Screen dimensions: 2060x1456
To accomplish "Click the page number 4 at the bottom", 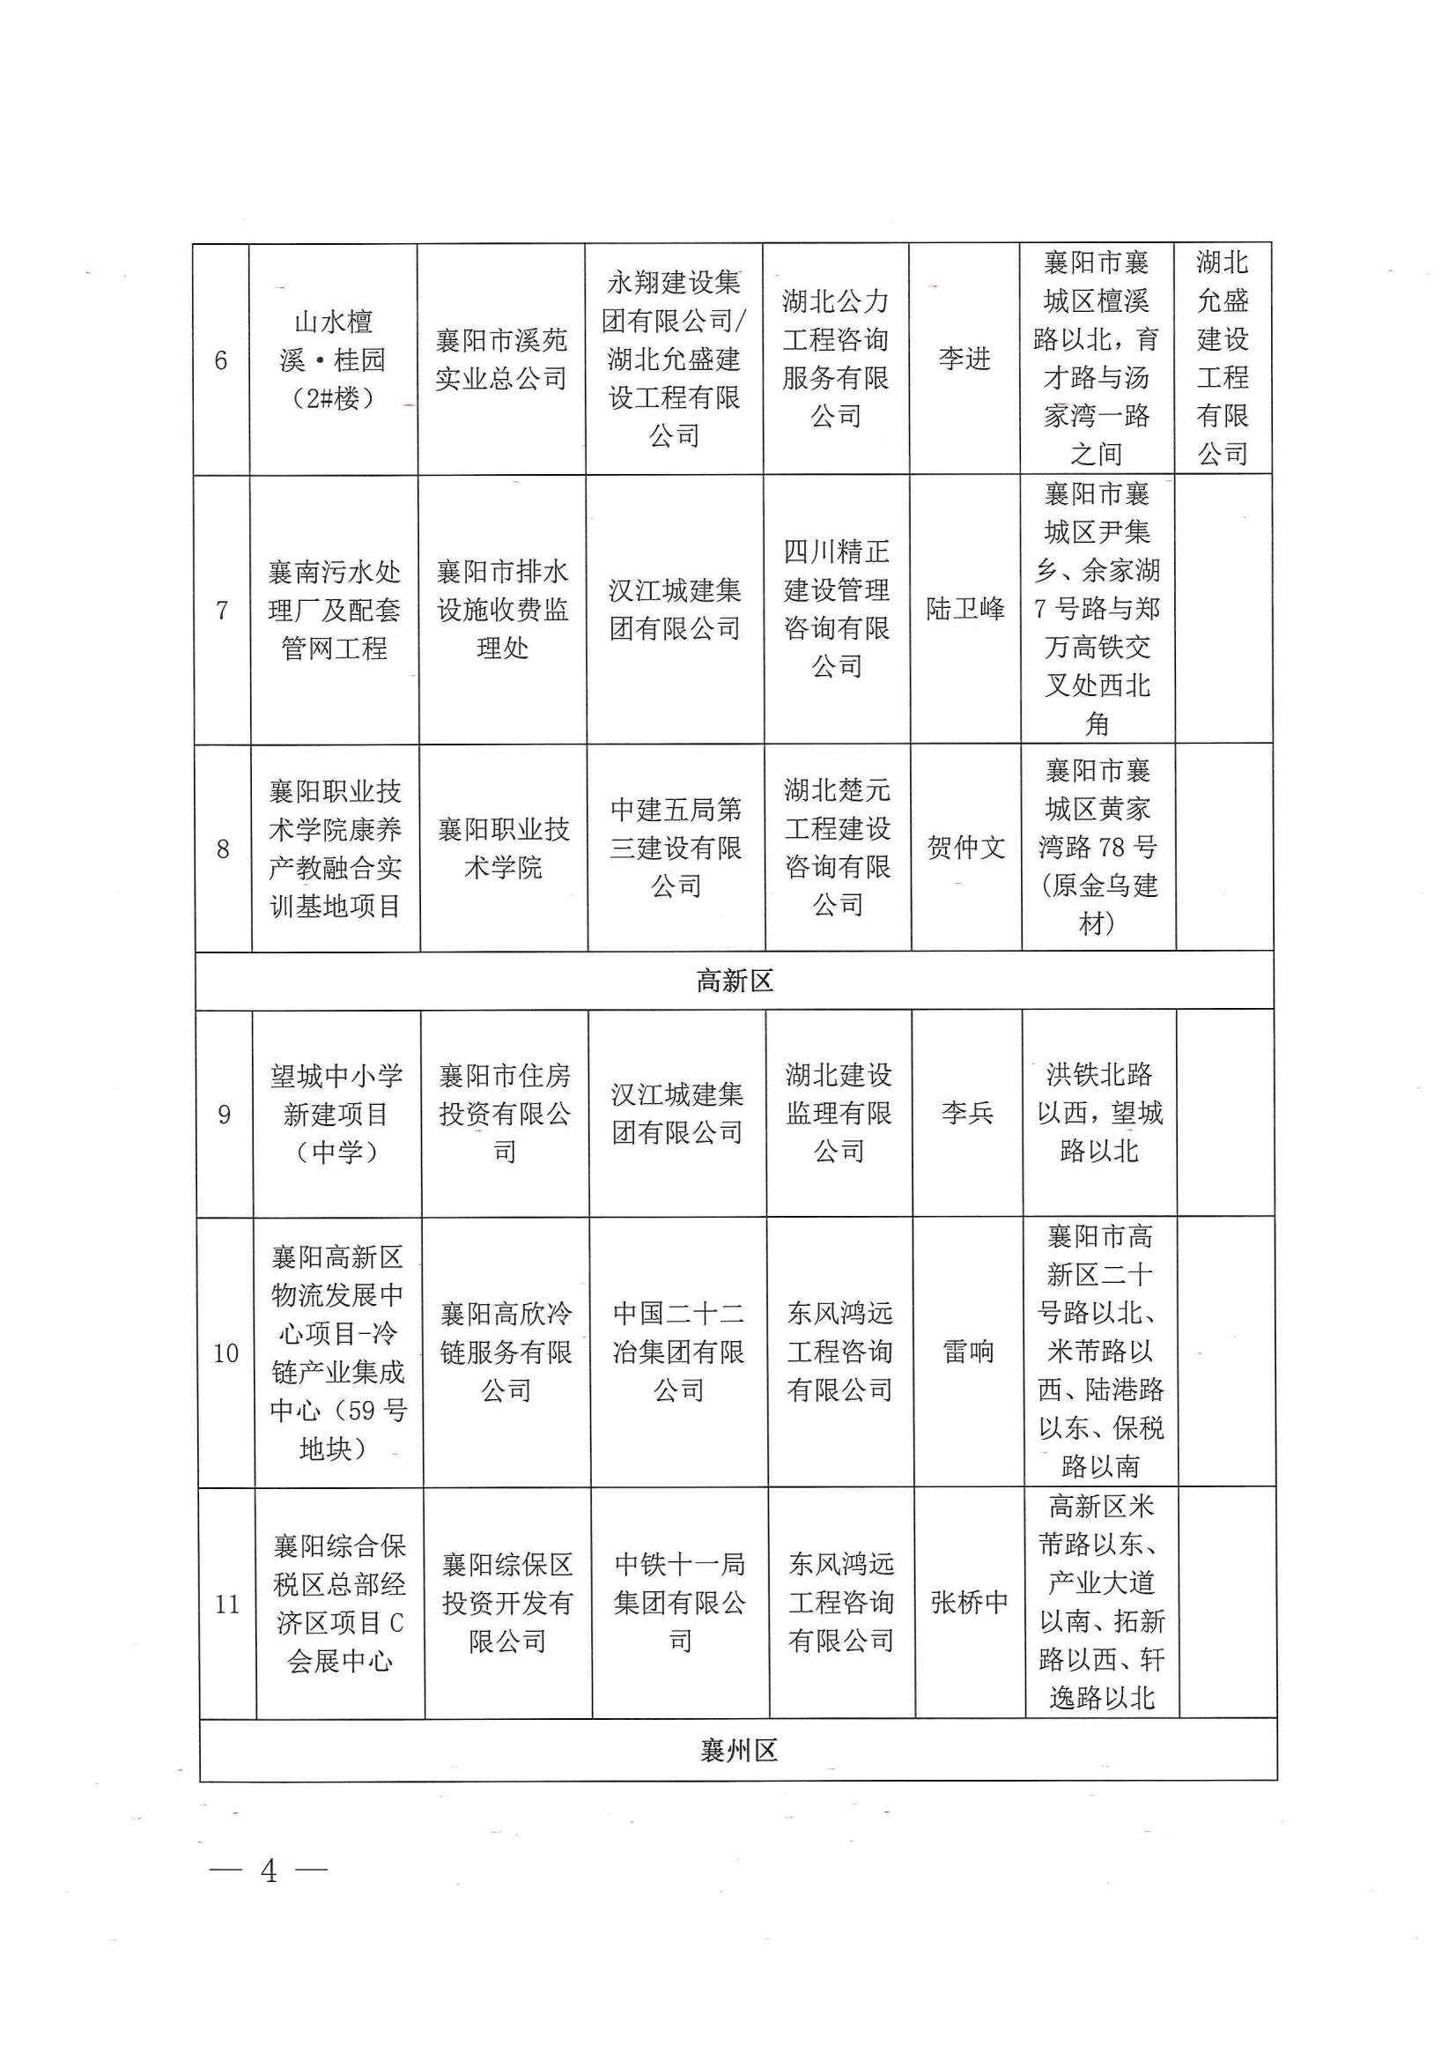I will point(269,1870).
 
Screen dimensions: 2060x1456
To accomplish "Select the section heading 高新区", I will point(734,981).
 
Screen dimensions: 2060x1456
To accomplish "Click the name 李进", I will point(965,359).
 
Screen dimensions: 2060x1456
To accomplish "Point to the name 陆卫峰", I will point(965,609).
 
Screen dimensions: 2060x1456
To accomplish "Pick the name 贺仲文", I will point(966,847).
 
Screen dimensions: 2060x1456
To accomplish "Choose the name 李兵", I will point(967,1113).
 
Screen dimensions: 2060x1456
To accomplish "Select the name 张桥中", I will point(969,1602).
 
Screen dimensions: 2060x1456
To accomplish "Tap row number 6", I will point(221,360).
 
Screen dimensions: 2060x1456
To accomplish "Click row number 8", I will point(224,848).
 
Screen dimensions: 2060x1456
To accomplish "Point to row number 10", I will point(226,1353).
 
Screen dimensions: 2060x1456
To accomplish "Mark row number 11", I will point(228,1604).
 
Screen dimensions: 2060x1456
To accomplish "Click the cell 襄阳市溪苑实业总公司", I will point(501,359).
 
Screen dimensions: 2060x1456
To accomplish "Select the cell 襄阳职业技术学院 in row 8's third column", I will point(503,848).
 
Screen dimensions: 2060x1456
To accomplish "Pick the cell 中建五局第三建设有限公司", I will point(676,848).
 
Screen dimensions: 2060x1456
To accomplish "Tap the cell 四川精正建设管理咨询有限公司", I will point(837,608).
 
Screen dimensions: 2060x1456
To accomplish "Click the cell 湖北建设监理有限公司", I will point(839,1113).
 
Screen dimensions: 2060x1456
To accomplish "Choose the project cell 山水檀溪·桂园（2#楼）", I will point(333,359).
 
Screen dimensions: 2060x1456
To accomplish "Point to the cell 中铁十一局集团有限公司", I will point(680,1603).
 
